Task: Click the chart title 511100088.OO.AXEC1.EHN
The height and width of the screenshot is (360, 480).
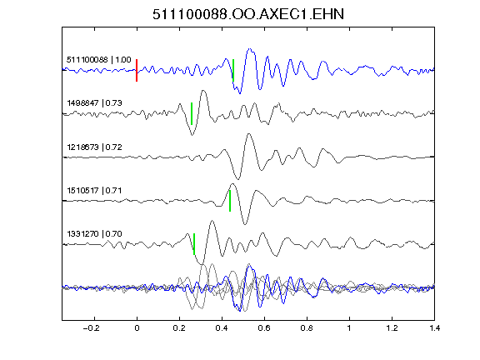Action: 248,14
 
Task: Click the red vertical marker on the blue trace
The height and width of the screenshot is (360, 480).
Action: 137,70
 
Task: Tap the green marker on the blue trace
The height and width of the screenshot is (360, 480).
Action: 233,70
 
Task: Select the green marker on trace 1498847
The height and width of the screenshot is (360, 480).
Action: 192,113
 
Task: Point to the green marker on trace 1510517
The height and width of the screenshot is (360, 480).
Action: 230,201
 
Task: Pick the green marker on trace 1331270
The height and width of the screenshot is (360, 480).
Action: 194,244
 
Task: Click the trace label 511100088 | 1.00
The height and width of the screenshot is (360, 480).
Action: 99,60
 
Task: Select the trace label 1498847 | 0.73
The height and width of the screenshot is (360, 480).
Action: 94,103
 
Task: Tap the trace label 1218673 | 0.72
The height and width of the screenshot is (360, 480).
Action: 94,147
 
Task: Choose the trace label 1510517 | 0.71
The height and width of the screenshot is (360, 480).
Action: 94,191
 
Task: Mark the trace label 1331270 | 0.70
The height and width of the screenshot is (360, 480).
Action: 94,234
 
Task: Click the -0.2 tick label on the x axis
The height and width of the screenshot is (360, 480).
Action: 92,328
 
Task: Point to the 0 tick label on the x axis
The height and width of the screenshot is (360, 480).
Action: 137,328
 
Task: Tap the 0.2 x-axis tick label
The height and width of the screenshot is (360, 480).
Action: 179,328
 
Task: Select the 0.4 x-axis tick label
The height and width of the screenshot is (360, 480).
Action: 222,328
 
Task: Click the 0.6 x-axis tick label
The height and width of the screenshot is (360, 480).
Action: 264,328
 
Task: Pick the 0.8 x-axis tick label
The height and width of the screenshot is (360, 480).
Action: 307,328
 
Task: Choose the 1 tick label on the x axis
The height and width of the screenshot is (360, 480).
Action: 349,328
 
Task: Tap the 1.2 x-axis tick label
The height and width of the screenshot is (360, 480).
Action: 392,328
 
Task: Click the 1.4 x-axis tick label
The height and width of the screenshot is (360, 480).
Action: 434,328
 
